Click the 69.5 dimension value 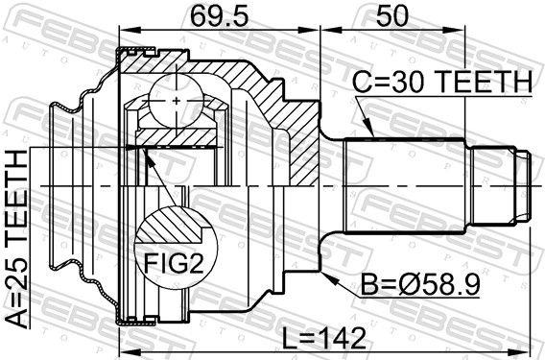tap(220, 16)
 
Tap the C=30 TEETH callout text tap(442, 82)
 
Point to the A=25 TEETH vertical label tap(16, 239)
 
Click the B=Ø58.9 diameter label tap(420, 283)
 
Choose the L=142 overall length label tap(323, 338)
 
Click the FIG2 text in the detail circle tap(174, 263)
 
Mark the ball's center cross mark tap(177, 101)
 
